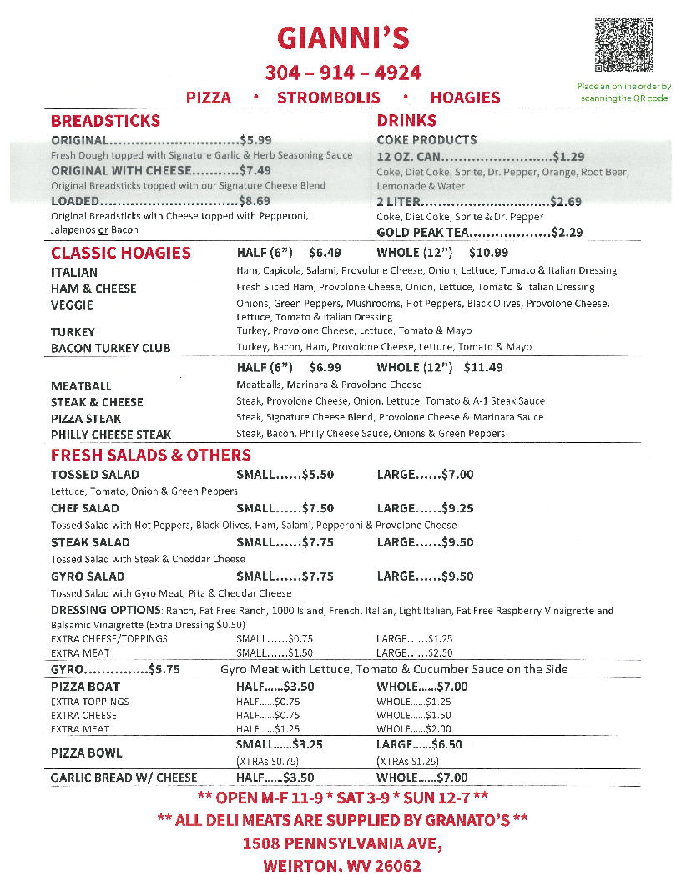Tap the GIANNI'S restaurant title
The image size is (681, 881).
pos(343,38)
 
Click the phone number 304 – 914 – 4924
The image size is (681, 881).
pos(343,73)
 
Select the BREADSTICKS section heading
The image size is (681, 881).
pos(105,121)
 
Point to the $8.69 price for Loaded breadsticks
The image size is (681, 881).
pos(255,201)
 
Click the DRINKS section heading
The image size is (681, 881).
pos(406,121)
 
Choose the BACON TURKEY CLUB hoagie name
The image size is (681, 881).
pos(110,348)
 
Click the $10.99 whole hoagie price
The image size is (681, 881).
pos(488,252)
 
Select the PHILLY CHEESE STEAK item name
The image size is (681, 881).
pos(111,435)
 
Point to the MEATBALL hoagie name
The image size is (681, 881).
pos(81,386)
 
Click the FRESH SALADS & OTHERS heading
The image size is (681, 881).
pos(150,455)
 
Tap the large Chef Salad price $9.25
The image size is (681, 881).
pos(457,508)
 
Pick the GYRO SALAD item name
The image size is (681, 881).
pos(88,576)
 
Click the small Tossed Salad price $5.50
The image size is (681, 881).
pos(318,475)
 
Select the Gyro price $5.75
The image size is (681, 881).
pos(164,669)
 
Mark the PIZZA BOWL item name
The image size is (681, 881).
pos(86,753)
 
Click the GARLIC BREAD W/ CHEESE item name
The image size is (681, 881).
pos(124,778)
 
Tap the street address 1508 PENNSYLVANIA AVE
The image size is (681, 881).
pos(341,843)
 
